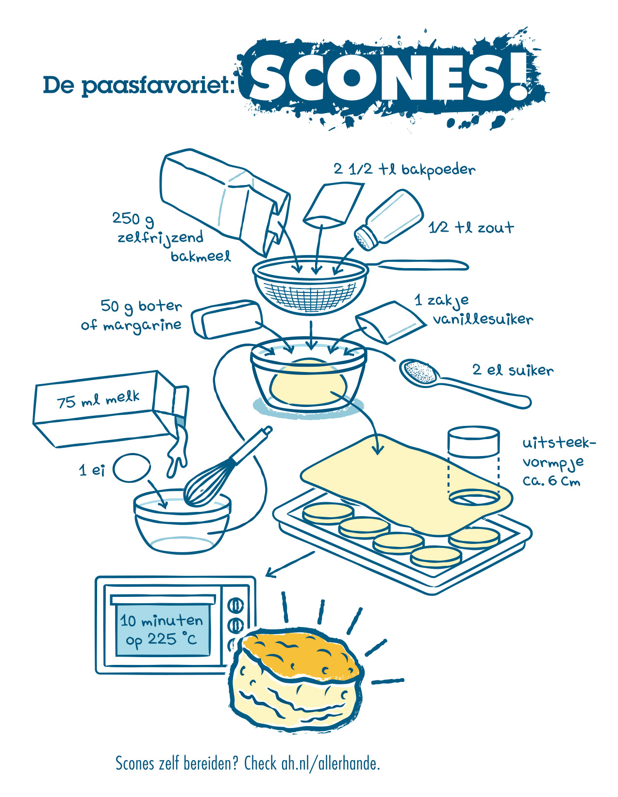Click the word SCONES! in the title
[388, 78]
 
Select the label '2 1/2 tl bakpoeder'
[404, 169]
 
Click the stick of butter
[227, 319]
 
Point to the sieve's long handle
[418, 265]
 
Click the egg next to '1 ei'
[132, 467]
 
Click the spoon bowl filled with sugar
[418, 373]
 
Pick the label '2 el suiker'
[513, 370]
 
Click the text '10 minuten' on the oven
[161, 620]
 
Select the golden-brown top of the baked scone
[301, 653]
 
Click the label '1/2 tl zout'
[471, 227]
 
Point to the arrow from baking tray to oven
[290, 564]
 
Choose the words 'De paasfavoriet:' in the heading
[139, 85]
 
